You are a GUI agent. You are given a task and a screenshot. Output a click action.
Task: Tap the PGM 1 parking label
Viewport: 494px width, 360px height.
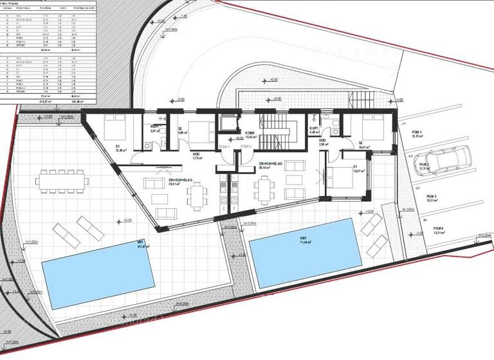(x=419, y=134)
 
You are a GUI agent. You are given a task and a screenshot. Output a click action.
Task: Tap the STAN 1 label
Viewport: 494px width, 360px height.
(x=224, y=147)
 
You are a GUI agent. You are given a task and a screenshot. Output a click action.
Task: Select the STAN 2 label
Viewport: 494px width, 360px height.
(x=245, y=147)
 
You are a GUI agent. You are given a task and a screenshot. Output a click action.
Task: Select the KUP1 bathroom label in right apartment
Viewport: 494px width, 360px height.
(x=315, y=131)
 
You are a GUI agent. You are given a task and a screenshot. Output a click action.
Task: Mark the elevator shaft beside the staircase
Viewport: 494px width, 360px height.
(x=227, y=124)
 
